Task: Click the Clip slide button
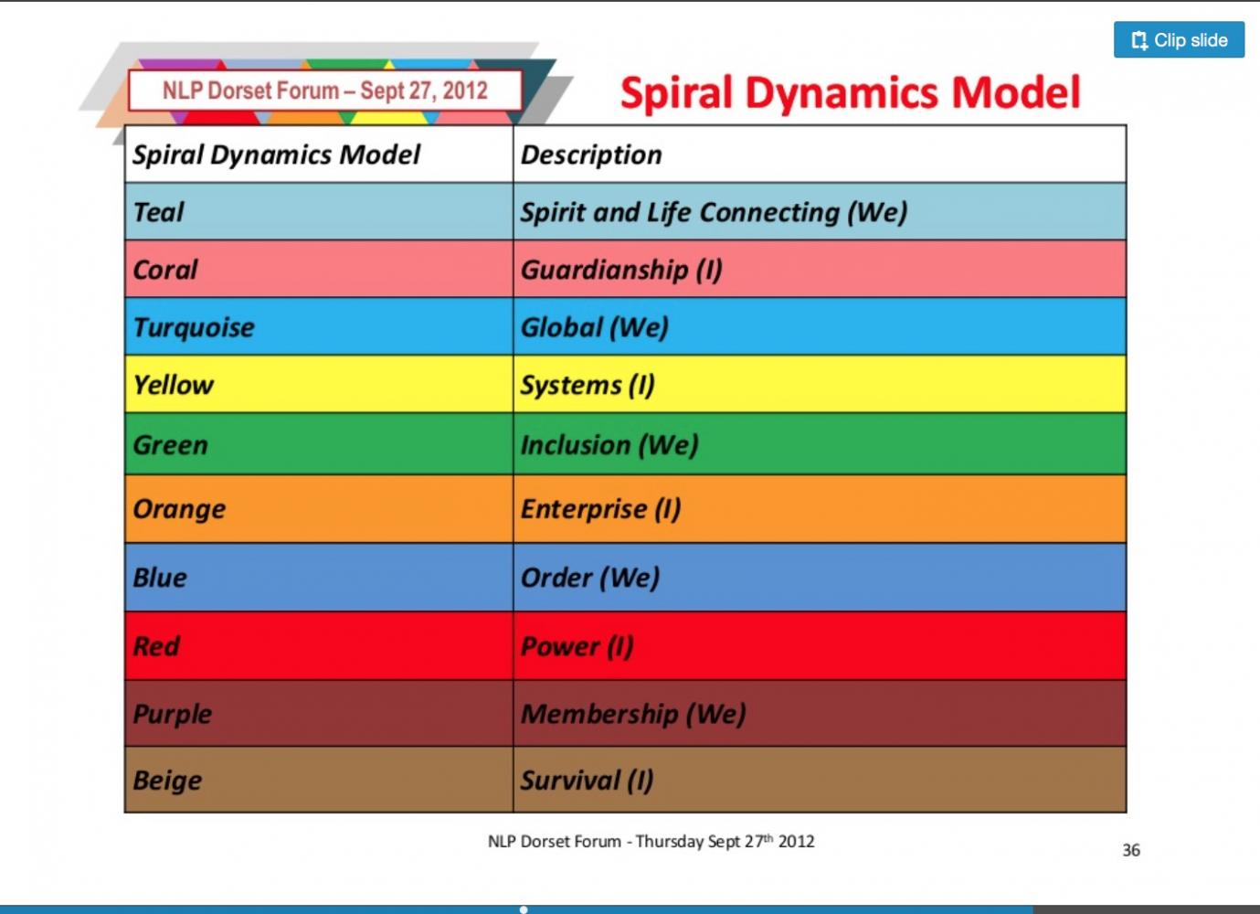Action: (1179, 40)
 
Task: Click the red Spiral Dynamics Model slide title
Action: (850, 92)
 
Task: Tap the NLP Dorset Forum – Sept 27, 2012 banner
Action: (325, 90)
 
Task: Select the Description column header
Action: (591, 154)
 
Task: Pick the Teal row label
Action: (158, 212)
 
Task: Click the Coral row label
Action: (164, 270)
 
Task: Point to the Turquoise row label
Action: (194, 327)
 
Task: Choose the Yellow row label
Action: (173, 386)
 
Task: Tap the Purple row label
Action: (172, 714)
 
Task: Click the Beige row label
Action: (167, 781)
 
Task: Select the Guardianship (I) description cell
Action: (621, 271)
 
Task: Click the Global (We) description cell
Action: (595, 327)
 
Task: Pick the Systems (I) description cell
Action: (588, 386)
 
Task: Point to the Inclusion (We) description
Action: (609, 445)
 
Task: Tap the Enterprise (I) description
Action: (600, 509)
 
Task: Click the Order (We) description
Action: (590, 578)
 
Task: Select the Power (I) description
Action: (577, 646)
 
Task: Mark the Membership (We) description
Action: (633, 714)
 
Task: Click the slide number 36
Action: (1131, 850)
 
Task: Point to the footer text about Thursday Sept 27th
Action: (651, 842)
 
